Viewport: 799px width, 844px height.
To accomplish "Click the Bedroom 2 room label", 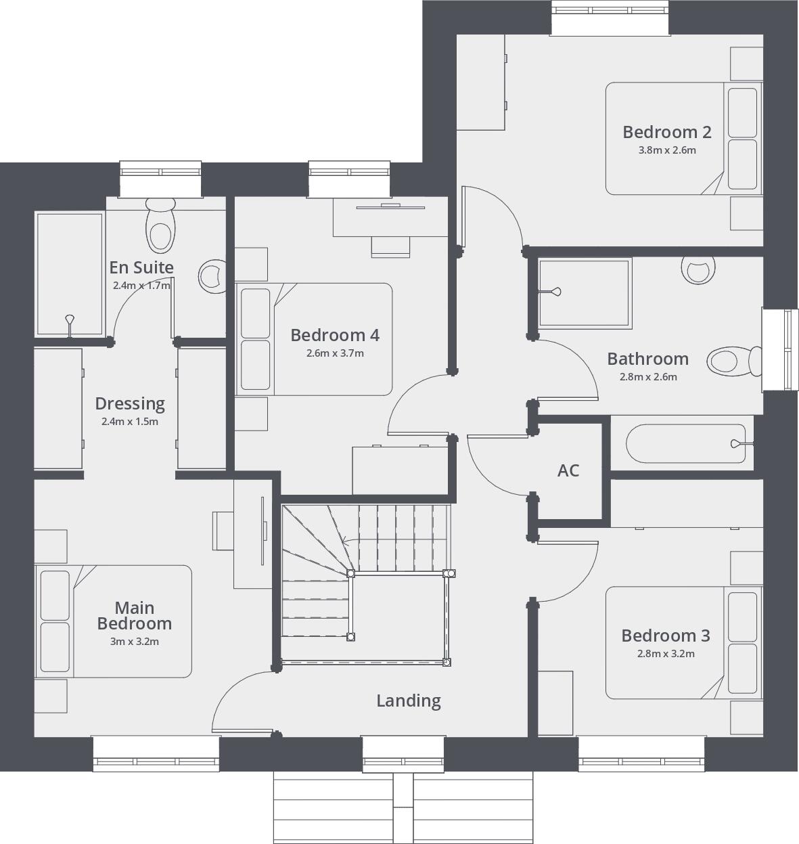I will tap(666, 132).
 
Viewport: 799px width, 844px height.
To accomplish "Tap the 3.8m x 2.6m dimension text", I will tap(666, 150).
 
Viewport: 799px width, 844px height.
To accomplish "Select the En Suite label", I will tap(141, 267).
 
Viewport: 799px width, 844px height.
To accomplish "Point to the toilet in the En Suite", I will tap(160, 227).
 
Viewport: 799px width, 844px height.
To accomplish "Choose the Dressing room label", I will tap(130, 403).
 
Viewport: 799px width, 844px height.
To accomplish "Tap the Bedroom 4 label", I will tap(335, 335).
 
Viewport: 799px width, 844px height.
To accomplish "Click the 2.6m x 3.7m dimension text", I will tap(335, 353).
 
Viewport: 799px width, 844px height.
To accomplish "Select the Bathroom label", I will tap(647, 359).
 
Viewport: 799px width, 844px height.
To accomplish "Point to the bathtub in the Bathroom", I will tap(685, 444).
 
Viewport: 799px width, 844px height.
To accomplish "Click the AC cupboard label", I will tap(568, 470).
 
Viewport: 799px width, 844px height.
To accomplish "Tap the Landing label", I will tap(409, 701).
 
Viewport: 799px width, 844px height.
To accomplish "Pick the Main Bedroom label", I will tap(134, 616).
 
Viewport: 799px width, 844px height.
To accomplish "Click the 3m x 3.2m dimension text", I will tap(134, 642).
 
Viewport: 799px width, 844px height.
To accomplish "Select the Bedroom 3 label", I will tap(666, 636).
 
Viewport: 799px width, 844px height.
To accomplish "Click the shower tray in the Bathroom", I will tap(584, 292).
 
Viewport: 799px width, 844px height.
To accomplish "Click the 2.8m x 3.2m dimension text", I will tap(666, 654).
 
